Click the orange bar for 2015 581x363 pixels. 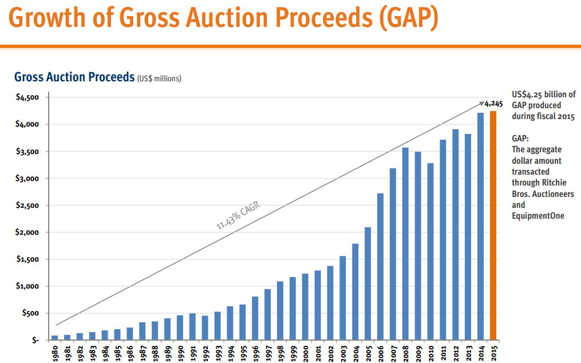pos(493,226)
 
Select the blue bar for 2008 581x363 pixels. pos(406,244)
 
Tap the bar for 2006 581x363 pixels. pos(381,267)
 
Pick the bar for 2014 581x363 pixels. pos(481,227)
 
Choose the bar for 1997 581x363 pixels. pos(268,314)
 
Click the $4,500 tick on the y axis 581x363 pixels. pos(27,97)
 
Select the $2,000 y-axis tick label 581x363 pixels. pos(27,232)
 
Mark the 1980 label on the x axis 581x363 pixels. pos(55,352)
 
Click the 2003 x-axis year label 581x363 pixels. pos(343,352)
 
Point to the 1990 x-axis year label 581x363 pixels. pos(180,352)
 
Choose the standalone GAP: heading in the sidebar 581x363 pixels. pos(520,139)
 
